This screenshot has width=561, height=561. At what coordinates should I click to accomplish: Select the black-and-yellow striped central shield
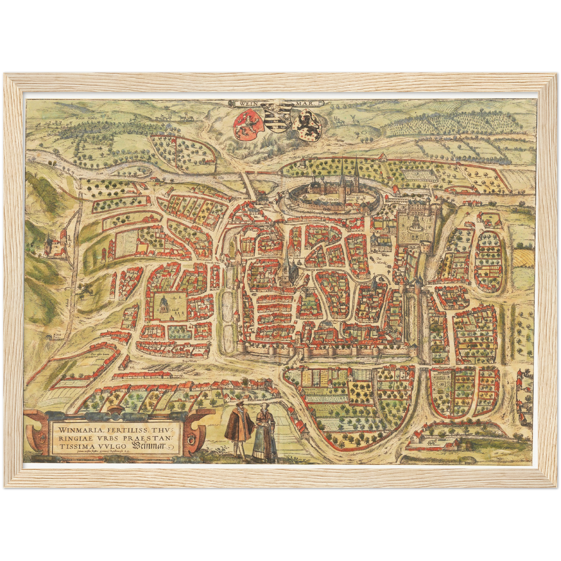pyautogui.click(x=277, y=116)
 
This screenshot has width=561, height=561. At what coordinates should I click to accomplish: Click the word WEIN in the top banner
pyautogui.click(x=249, y=104)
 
